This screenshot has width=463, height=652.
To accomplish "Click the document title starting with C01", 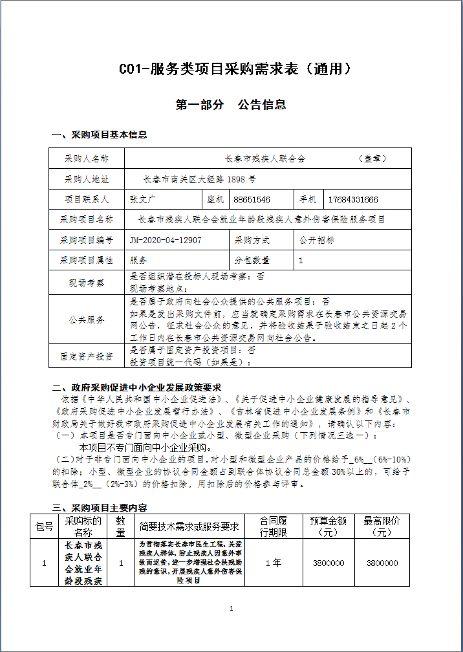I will [231, 69].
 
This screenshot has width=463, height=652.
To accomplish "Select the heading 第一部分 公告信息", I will [231, 104].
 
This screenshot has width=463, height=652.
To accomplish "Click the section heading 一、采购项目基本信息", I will [99, 135].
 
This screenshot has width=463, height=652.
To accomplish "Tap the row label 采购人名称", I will [87, 158].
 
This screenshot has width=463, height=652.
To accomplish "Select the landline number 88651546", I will [252, 199].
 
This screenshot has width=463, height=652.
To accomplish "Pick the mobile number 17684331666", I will [353, 199].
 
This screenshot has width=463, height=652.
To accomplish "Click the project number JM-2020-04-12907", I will [166, 240].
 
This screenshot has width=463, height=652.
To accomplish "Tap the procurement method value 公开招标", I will [317, 240].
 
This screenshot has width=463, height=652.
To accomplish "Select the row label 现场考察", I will [87, 282].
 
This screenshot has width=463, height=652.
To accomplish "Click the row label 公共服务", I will [87, 320].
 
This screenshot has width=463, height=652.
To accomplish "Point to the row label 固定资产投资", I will [87, 356].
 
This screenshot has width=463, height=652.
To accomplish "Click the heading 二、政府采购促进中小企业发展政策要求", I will [136, 388].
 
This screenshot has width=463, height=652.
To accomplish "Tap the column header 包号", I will [44, 527].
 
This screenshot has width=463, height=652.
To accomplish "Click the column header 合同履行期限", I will [273, 527].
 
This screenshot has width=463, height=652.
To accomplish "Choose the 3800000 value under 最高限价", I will [382, 563].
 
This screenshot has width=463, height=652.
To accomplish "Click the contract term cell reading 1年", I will [273, 563].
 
